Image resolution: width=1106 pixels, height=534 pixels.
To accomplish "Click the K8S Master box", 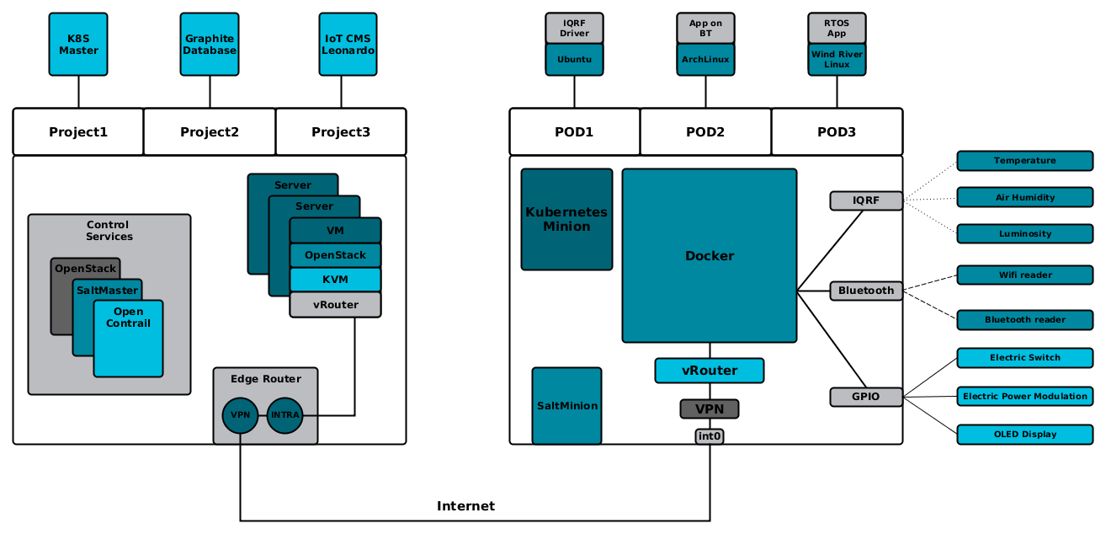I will (78, 45).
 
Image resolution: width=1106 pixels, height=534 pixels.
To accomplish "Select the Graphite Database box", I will (210, 45).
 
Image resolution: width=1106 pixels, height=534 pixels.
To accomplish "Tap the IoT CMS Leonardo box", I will (348, 45).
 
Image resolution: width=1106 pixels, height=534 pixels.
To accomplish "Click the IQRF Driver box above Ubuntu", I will (574, 29).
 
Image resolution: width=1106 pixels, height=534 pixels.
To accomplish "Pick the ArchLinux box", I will (705, 60).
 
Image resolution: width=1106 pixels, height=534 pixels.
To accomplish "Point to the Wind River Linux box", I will (837, 60).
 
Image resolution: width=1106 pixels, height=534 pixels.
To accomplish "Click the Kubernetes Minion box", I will (566, 220).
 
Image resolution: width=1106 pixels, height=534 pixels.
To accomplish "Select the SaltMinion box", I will (566, 406).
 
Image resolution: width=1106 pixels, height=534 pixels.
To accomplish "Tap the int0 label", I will (710, 436).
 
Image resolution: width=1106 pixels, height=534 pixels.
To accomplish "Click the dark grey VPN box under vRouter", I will (710, 409).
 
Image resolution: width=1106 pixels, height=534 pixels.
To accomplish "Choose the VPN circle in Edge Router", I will (240, 415).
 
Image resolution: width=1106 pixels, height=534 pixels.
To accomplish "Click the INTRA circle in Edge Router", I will (284, 415).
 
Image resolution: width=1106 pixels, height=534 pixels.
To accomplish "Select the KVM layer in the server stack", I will (335, 280).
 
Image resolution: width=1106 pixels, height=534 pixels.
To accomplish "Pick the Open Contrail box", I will (129, 337).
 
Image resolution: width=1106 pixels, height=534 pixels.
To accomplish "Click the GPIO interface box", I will (866, 397).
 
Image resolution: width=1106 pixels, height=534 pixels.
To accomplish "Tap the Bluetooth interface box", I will (866, 291).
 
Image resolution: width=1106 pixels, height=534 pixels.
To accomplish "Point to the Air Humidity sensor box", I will (1024, 197).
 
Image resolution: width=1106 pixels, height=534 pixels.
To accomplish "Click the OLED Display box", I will (1024, 435).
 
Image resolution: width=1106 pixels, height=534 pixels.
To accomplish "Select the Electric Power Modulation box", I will (1024, 396).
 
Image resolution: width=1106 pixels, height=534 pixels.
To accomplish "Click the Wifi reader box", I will (1024, 275).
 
